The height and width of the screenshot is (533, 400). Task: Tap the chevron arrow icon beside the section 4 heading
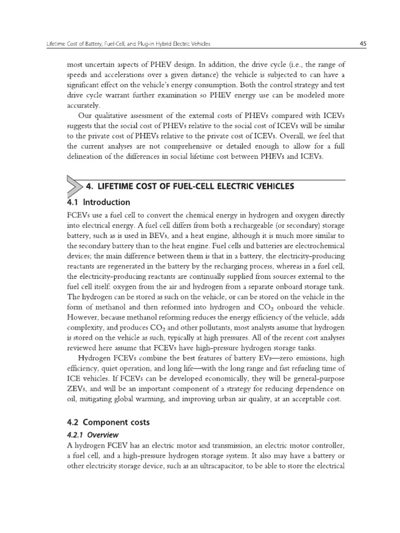(x=74, y=186)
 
